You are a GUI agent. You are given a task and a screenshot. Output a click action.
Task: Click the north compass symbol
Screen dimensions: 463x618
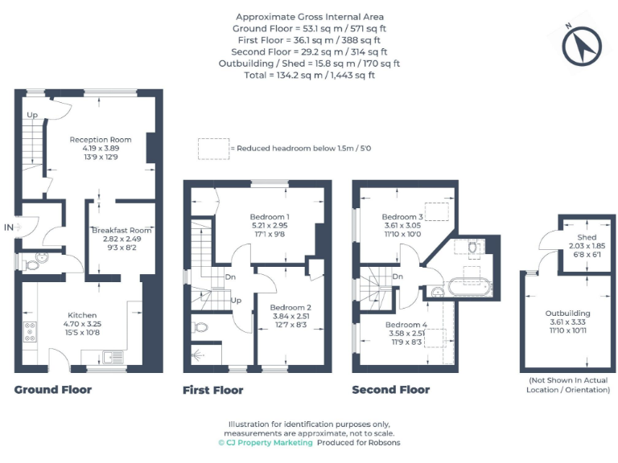[582, 47]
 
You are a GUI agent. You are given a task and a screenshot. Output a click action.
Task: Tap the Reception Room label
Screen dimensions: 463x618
[99, 138]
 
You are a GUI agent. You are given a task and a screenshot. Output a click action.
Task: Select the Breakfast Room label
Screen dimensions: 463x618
[121, 230]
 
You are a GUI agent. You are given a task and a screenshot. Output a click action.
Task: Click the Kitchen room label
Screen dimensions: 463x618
[82, 315]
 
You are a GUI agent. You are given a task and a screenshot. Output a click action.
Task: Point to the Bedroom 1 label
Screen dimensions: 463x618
[270, 216]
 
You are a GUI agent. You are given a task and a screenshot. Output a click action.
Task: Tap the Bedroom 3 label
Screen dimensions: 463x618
[402, 217]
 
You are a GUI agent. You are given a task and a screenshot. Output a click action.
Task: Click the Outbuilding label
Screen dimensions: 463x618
[568, 313]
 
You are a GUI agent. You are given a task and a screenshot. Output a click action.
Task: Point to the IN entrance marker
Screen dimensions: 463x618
[9, 227]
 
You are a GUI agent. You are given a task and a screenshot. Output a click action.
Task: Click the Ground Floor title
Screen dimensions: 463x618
[53, 390]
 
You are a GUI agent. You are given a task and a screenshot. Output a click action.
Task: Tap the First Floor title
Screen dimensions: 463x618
[212, 390]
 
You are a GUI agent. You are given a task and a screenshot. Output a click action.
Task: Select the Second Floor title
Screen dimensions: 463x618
[390, 390]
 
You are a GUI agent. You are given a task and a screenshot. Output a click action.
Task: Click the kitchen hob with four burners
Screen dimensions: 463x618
[31, 330]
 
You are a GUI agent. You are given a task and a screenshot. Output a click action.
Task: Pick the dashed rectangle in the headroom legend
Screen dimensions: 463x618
[212, 148]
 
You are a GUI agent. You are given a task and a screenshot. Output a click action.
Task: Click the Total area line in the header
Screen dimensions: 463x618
[310, 75]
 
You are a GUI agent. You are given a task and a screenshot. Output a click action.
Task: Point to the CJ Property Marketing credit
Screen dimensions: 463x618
[265, 442]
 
